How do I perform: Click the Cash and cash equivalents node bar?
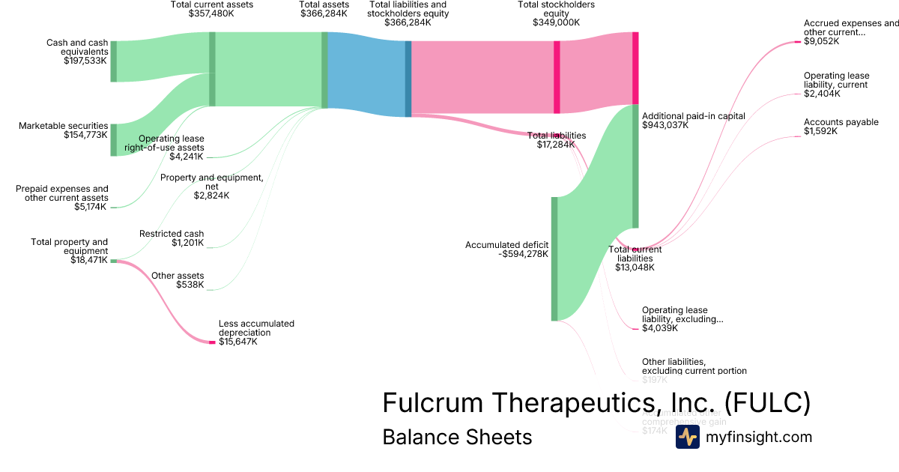pyautogui.click(x=114, y=61)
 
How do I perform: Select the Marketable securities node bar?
pyautogui.click(x=114, y=140)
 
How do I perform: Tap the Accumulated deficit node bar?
pyautogui.click(x=554, y=258)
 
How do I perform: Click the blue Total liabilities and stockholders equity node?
pyautogui.click(x=408, y=79)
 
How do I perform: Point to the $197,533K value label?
pyautogui.click(x=85, y=60)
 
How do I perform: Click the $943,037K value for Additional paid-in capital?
pyautogui.click(x=665, y=126)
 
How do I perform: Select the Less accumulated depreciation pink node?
pyautogui.click(x=212, y=342)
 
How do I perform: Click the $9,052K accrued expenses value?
pyautogui.click(x=821, y=42)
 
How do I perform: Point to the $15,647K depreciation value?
pyautogui.click(x=238, y=342)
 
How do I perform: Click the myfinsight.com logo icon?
pyautogui.click(x=687, y=437)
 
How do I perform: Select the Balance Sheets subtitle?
pyautogui.click(x=457, y=437)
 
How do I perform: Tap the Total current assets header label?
pyautogui.click(x=212, y=4)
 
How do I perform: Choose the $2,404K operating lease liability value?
pyautogui.click(x=822, y=94)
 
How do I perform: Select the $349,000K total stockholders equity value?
pyautogui.click(x=557, y=22)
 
